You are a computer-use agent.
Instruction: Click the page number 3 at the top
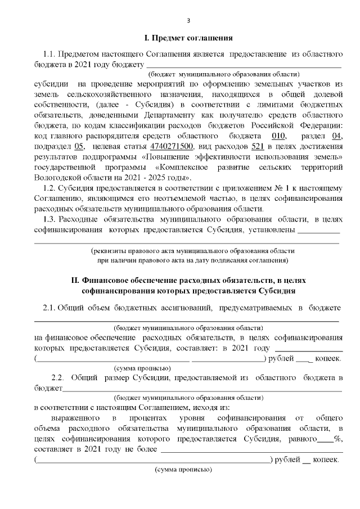tap(188, 21)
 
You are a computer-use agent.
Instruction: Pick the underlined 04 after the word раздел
tap(337, 136)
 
